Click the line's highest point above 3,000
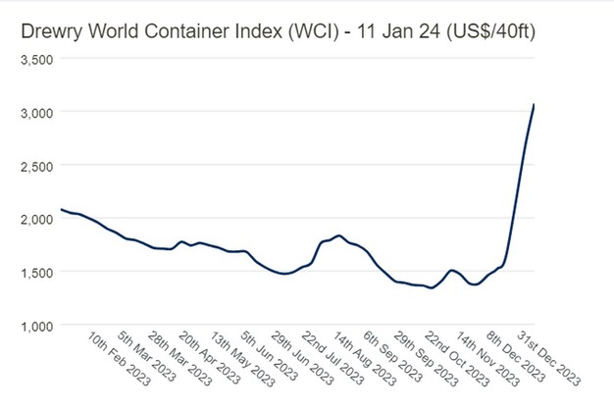(x=534, y=104)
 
